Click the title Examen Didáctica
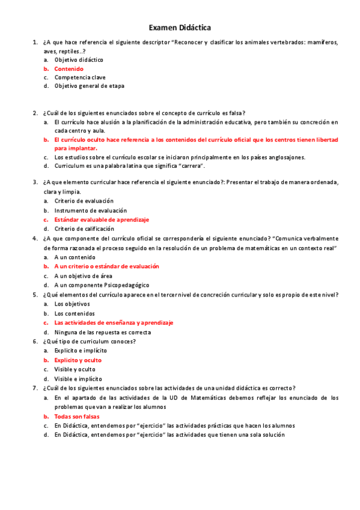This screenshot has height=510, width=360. coord(180,28)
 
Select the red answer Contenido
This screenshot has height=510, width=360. coord(69,69)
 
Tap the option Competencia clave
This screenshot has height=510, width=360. coord(80,77)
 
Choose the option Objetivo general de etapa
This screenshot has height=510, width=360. coord(90,85)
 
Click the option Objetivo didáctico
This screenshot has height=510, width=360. coord(79,60)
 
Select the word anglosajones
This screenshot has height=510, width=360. coord(285,157)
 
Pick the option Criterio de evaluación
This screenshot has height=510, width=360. coord(84,201)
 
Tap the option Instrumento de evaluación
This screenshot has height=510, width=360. coord(90,210)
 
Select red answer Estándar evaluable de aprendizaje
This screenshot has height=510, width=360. coord(102,220)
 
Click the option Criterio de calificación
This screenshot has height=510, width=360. coord(84,229)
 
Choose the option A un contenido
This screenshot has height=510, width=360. coord(75,257)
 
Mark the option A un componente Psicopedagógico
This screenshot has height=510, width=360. coord(102,285)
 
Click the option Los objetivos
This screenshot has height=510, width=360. coord(72,304)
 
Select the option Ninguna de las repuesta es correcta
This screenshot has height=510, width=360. coord(102,332)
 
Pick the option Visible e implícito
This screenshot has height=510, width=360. coord(78,379)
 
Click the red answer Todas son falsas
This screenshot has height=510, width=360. coord(77,416)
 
